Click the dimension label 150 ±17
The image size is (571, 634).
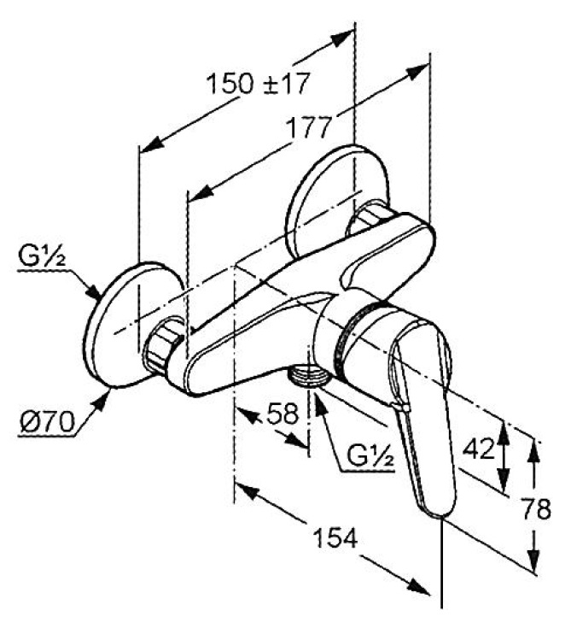tap(258, 84)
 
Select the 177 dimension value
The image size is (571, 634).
tap(308, 127)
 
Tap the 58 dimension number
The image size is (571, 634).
tap(283, 414)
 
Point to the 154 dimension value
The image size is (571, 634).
tap(335, 537)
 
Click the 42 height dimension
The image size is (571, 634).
tap(479, 448)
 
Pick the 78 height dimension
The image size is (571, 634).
tap(537, 508)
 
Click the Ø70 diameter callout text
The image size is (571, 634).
tap(47, 423)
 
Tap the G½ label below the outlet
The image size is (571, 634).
tap(370, 457)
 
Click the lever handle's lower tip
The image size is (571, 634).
tap(441, 514)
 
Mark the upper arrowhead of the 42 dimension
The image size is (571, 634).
tap(504, 431)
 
